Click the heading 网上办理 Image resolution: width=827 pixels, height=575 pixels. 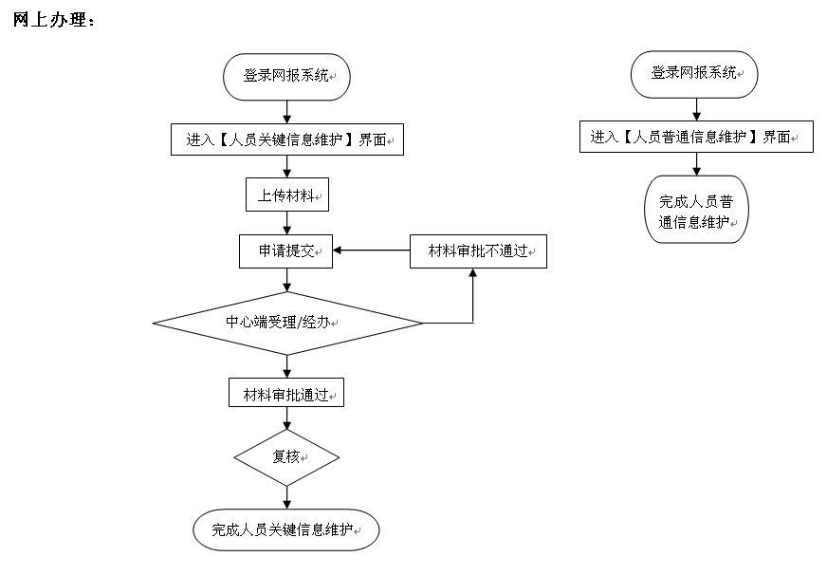54,19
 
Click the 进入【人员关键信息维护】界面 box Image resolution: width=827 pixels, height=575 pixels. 286,139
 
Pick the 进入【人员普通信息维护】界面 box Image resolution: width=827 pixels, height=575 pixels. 696,137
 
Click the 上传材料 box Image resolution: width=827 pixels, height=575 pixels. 286,195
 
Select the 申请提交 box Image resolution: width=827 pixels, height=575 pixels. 286,251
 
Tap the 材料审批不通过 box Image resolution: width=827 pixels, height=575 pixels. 478,251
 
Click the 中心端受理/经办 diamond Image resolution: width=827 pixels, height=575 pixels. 286,324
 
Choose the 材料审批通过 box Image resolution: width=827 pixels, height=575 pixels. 285,393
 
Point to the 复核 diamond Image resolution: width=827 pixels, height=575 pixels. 286,456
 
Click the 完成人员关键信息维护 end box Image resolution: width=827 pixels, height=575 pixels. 286,529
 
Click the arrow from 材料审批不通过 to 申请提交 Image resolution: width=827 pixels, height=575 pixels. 371,251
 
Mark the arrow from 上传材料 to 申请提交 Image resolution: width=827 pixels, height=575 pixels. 286,223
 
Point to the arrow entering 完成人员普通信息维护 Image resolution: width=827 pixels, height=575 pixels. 697,163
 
